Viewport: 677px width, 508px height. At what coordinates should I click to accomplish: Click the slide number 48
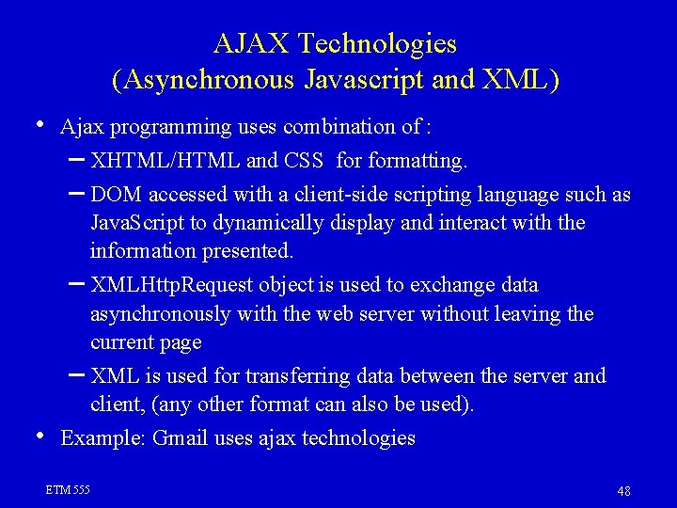click(623, 491)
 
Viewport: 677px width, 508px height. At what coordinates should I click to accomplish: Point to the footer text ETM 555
click(68, 490)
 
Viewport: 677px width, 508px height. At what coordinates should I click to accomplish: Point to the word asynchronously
click(161, 314)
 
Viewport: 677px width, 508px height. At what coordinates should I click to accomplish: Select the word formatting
click(416, 162)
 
